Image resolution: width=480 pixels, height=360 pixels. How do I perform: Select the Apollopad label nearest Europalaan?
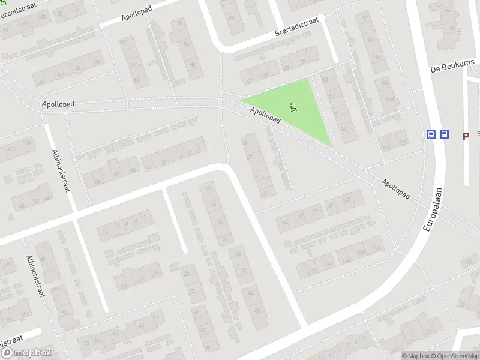pos(395,188)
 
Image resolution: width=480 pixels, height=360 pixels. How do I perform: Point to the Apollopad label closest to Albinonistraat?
pos(58,104)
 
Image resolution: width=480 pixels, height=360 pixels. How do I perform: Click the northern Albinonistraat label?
pos(62,170)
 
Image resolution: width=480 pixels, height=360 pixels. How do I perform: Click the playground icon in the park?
pos(293,107)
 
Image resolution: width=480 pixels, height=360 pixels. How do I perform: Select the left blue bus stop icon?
pos(431,134)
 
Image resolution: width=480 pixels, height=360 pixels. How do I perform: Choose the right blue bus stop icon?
pos(444,134)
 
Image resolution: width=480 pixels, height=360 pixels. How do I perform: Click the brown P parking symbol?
pos(465,137)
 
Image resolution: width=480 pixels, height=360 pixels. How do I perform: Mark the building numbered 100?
pos(377,57)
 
